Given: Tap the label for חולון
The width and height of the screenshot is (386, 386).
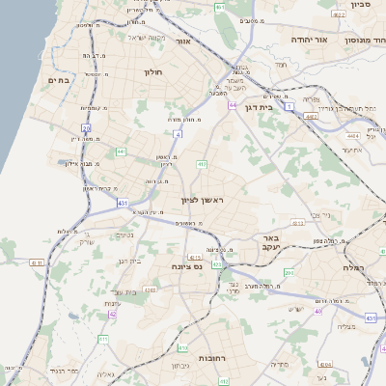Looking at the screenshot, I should click(154, 72).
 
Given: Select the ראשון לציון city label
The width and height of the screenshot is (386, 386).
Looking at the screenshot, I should click(203, 200).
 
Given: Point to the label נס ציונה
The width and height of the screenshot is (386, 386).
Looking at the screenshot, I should click(184, 266).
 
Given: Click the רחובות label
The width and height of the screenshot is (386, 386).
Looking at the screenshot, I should click(211, 358).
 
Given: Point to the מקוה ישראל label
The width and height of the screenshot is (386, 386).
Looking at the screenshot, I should click(147, 38).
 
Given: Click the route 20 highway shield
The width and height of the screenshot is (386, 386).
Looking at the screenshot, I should click(86, 127).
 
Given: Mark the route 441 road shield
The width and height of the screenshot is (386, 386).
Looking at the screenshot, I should click(121, 152).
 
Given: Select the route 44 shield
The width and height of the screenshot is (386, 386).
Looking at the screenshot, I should click(233, 104).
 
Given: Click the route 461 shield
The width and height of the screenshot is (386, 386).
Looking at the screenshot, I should click(219, 8).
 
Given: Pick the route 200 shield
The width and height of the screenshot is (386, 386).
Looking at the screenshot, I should click(289, 273).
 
